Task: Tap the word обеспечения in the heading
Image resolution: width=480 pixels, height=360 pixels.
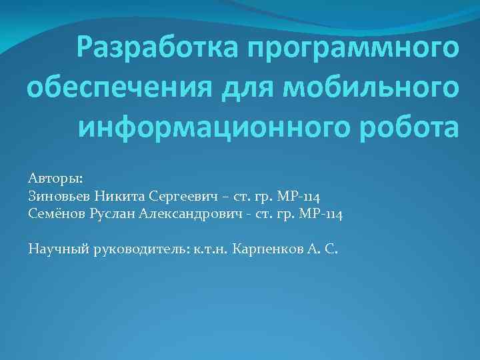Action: click(x=117, y=87)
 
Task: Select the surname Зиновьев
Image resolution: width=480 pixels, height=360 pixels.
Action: click(x=59, y=197)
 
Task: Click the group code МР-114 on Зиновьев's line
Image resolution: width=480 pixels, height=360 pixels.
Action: click(x=298, y=197)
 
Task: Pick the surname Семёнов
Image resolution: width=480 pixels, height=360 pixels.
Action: click(x=57, y=214)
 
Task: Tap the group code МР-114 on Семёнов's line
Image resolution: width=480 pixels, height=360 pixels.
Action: click(x=321, y=214)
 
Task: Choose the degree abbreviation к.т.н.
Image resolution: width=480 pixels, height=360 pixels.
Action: click(x=212, y=249)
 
